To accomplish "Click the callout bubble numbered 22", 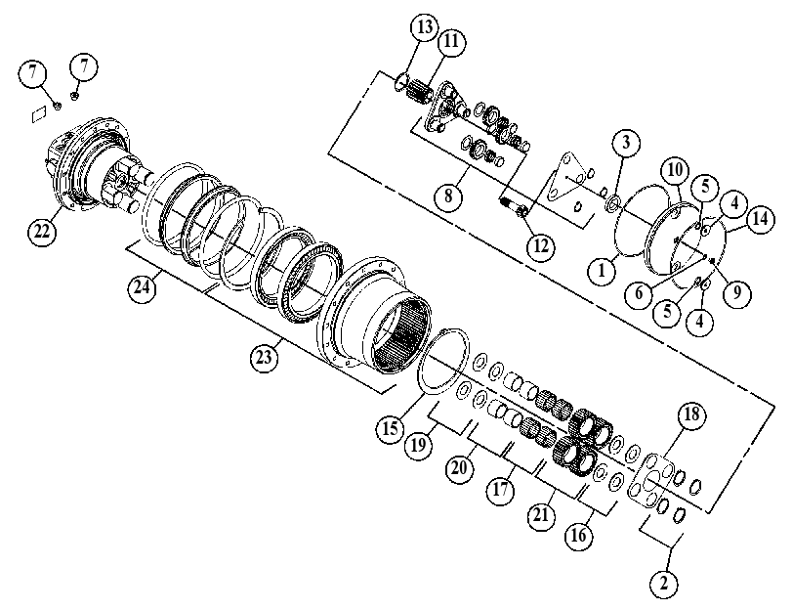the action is [x=42, y=231].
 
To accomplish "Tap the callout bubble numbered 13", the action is [x=425, y=27].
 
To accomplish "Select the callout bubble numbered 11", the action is [x=451, y=41].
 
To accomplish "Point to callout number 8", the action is [x=448, y=196].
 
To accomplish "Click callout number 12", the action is [x=540, y=246].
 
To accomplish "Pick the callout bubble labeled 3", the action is [x=626, y=143].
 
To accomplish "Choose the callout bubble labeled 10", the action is [x=676, y=170].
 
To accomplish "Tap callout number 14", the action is [x=760, y=219].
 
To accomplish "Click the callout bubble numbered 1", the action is [x=602, y=271].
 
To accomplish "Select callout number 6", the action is [x=639, y=293].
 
